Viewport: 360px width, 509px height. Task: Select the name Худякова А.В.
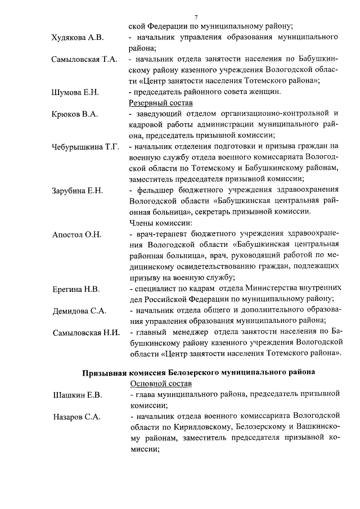pyautogui.click(x=76, y=38)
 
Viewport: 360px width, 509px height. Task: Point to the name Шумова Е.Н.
pyautogui.click(x=75, y=92)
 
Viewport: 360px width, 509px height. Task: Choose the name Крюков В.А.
pyautogui.click(x=74, y=114)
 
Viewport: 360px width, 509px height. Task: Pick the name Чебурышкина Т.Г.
pyautogui.click(x=85, y=147)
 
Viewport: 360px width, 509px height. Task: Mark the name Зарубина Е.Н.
pyautogui.click(x=77, y=191)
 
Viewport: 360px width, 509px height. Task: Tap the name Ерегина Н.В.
pyautogui.click(x=75, y=289)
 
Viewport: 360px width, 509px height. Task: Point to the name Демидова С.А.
pyautogui.click(x=79, y=310)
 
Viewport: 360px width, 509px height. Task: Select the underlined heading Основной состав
pyautogui.click(x=161, y=384)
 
